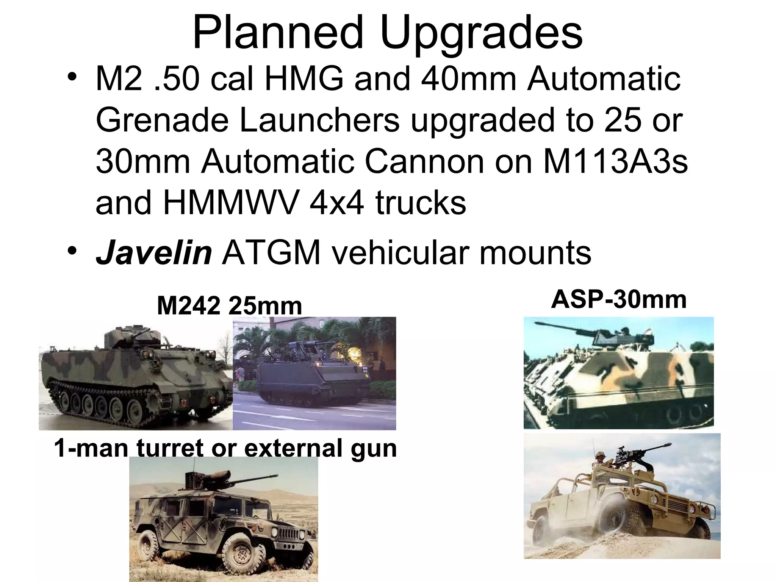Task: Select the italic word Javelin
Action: [153, 253]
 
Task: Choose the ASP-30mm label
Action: [618, 300]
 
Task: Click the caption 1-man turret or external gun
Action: [225, 448]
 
